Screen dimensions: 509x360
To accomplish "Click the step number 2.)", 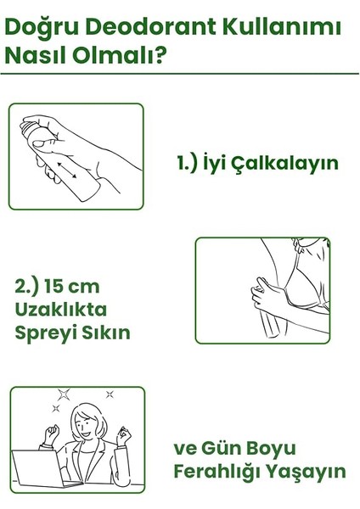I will click(30, 287).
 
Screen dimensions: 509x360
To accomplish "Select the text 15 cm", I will click(82, 287).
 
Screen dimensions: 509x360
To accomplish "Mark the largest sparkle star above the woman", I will click(65, 394).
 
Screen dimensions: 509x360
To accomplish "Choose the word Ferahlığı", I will click(218, 471).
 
